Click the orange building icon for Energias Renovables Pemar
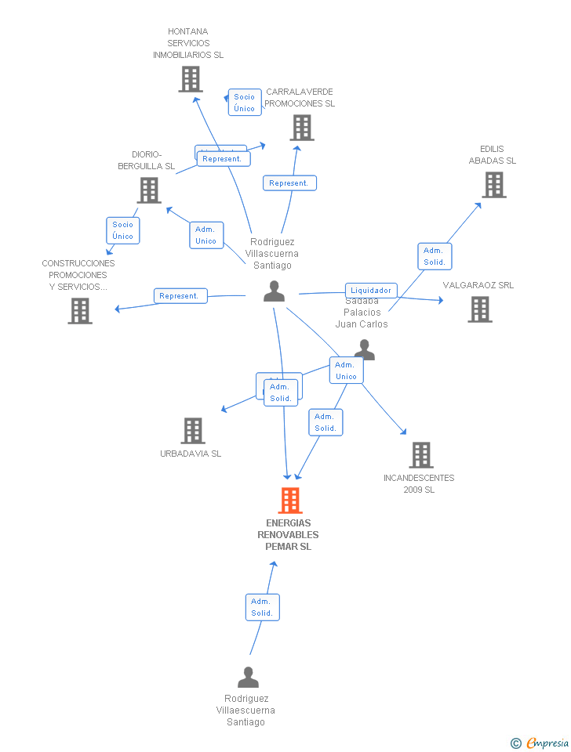pyautogui.click(x=290, y=501)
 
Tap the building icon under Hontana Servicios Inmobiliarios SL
pyautogui.click(x=191, y=79)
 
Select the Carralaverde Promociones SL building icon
pyautogui.click(x=302, y=128)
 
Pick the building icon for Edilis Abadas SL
pyautogui.click(x=493, y=185)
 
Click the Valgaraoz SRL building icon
pyautogui.click(x=480, y=309)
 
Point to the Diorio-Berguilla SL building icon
pyautogui.click(x=148, y=190)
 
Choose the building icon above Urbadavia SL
pyautogui.click(x=193, y=431)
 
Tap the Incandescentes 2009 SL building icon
pyautogui.click(x=421, y=455)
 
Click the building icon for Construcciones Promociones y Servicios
pyautogui.click(x=80, y=311)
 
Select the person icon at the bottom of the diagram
pyautogui.click(x=248, y=677)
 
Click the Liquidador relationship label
pyautogui.click(x=371, y=291)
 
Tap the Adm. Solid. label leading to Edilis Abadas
pyautogui.click(x=434, y=256)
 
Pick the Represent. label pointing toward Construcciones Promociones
pyautogui.click(x=180, y=296)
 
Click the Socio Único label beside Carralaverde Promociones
pyautogui.click(x=245, y=103)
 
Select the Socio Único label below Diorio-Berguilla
pyautogui.click(x=123, y=230)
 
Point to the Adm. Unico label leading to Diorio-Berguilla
pyautogui.click(x=206, y=235)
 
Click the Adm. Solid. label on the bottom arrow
pyautogui.click(x=262, y=607)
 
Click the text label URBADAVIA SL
pyautogui.click(x=191, y=454)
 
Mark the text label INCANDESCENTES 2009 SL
pyautogui.click(x=419, y=484)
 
